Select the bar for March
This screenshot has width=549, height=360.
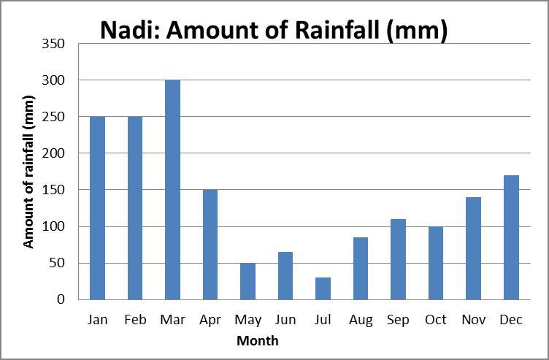(x=172, y=190)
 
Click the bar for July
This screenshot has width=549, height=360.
(x=323, y=288)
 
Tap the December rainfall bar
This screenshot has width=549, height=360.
(x=511, y=237)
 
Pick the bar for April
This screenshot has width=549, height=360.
(x=210, y=245)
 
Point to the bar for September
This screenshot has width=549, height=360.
(x=398, y=259)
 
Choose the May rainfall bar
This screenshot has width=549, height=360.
(x=248, y=281)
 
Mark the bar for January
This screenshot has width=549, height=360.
(x=97, y=208)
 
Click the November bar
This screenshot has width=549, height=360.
(x=473, y=248)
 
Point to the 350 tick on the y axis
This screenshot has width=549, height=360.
(x=53, y=44)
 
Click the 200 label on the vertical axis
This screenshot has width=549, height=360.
(x=53, y=153)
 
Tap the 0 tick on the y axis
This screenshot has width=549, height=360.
(x=61, y=299)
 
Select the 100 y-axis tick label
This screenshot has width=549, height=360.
(x=53, y=226)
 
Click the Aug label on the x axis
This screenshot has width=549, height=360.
(x=361, y=320)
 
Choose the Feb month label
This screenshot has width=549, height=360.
(x=135, y=319)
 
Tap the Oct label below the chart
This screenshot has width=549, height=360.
(x=436, y=319)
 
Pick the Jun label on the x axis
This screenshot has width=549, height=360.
(x=285, y=320)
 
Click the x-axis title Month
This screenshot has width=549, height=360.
(x=258, y=340)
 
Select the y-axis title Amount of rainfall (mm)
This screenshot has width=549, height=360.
(x=28, y=172)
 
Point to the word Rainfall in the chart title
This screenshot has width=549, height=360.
(x=337, y=30)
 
